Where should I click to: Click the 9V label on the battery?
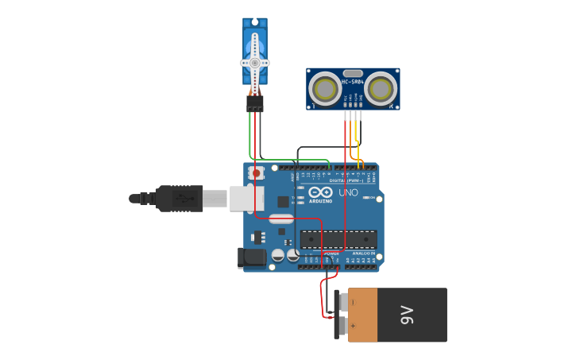click(407, 315)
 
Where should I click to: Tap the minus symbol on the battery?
click(353, 303)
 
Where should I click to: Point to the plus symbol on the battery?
click(353, 326)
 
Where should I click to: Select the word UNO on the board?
click(348, 192)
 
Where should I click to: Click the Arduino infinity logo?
click(320, 192)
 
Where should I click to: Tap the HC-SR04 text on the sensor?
click(353, 82)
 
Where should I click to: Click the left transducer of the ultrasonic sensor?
click(325, 87)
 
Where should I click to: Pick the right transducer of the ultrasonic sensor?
click(381, 87)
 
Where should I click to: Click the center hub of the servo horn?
click(254, 62)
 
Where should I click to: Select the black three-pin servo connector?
click(254, 103)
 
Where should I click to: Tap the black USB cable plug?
click(180, 198)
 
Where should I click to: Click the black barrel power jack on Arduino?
click(252, 257)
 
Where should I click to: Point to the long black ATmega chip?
click(339, 238)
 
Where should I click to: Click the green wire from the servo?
click(250, 135)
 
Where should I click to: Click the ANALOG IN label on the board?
click(364, 254)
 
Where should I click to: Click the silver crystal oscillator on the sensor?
click(353, 73)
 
